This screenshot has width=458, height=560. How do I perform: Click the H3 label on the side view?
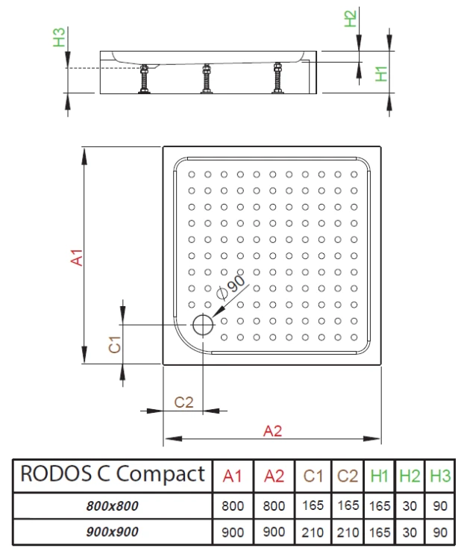click(x=60, y=37)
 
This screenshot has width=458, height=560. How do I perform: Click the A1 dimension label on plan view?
click(x=75, y=256)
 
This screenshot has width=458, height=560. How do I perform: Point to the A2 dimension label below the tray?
click(x=272, y=429)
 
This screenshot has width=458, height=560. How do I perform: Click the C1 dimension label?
click(x=115, y=344)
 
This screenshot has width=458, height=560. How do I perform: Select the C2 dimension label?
click(x=183, y=402)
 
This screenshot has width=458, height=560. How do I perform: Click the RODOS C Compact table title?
click(x=112, y=473)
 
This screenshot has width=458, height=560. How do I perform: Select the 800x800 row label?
click(x=112, y=505)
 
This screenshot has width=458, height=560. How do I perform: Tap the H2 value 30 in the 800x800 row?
click(x=409, y=505)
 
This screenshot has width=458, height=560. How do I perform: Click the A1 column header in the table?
click(x=233, y=476)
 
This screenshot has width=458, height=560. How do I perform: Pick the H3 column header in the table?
click(x=440, y=476)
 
